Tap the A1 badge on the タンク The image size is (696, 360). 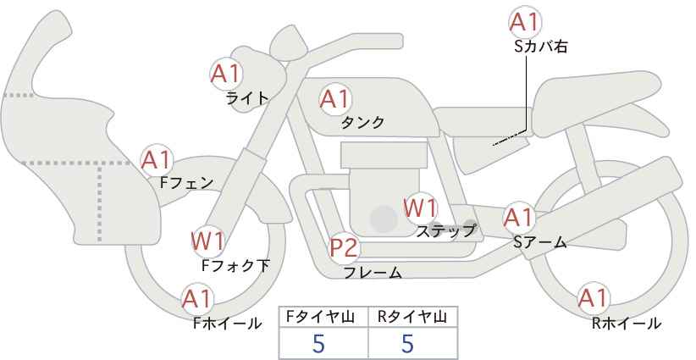tap(335, 99)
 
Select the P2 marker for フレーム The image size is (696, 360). tap(345, 247)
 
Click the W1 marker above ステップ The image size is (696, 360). tap(420, 208)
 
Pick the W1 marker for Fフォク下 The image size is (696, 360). tap(207, 241)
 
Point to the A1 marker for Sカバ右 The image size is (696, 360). tap(525, 22)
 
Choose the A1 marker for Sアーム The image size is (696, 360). tap(518, 218)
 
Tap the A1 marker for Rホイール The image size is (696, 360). tap(593, 299)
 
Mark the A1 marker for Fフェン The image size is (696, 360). tap(157, 160)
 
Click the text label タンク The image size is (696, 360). tap(362, 123)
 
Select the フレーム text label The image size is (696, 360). tap(373, 273)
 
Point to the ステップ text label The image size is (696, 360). tap(445, 231)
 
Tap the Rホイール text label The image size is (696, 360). tap(627, 324)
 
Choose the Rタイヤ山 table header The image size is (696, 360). tap(412, 317)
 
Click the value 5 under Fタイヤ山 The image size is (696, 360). tap(318, 343)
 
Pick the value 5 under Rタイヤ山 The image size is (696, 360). tap(407, 343)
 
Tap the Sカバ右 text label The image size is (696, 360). tap(541, 47)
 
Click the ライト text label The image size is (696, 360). tap(247, 98)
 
